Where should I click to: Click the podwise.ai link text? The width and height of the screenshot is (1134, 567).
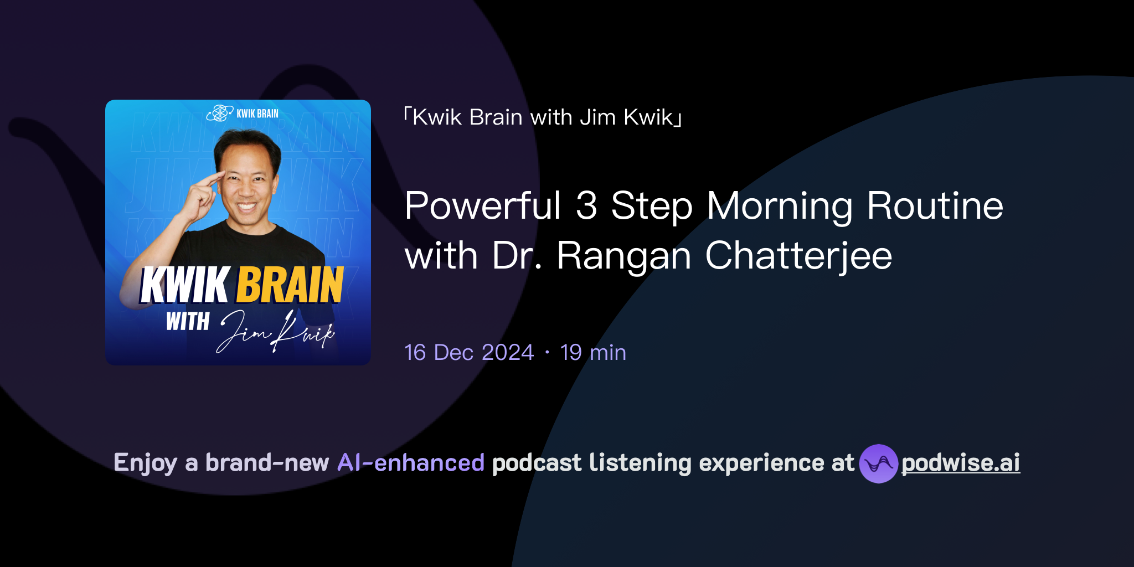click(961, 463)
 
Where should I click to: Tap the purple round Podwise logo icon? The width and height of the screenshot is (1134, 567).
click(878, 463)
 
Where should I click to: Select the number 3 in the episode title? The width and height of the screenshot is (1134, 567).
click(586, 206)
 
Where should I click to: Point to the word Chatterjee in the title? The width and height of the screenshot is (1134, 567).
click(798, 256)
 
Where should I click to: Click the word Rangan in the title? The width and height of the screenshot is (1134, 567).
click(624, 256)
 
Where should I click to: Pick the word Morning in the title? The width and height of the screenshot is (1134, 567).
click(780, 206)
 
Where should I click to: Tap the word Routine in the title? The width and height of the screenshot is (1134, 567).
click(935, 206)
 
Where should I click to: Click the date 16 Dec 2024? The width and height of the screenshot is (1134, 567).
click(469, 353)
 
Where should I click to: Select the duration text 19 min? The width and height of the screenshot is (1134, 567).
click(593, 353)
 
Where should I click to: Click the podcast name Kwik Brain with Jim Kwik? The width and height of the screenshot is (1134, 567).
click(543, 117)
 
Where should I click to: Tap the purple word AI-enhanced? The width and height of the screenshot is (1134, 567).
click(411, 463)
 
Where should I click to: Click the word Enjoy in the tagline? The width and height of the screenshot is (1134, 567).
click(145, 463)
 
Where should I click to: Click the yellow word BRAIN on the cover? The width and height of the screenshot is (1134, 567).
click(290, 285)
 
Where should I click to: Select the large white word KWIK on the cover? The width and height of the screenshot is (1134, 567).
click(184, 285)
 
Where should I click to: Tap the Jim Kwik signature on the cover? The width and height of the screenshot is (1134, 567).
click(277, 332)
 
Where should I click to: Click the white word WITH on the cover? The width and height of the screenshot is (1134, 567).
click(188, 322)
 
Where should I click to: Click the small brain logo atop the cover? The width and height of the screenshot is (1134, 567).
click(220, 113)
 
